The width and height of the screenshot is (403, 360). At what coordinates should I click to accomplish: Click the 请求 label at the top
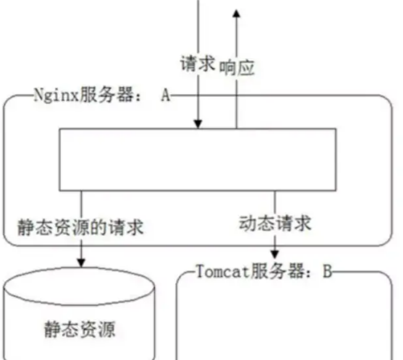[197, 64]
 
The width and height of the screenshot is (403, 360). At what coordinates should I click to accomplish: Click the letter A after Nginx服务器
[165, 96]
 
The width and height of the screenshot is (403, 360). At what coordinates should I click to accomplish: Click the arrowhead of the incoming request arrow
[198, 124]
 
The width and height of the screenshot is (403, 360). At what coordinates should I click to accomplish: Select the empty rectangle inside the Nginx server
[198, 159]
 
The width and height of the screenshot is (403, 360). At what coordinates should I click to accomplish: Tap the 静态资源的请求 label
[80, 227]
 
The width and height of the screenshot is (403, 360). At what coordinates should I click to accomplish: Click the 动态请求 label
[275, 223]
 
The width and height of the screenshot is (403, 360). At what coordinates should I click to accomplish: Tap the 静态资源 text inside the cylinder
[80, 330]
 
